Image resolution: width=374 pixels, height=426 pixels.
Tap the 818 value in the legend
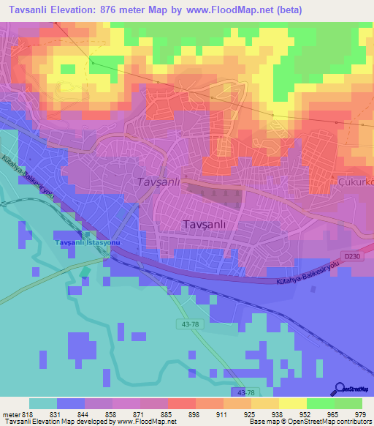(x=27, y=414)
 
